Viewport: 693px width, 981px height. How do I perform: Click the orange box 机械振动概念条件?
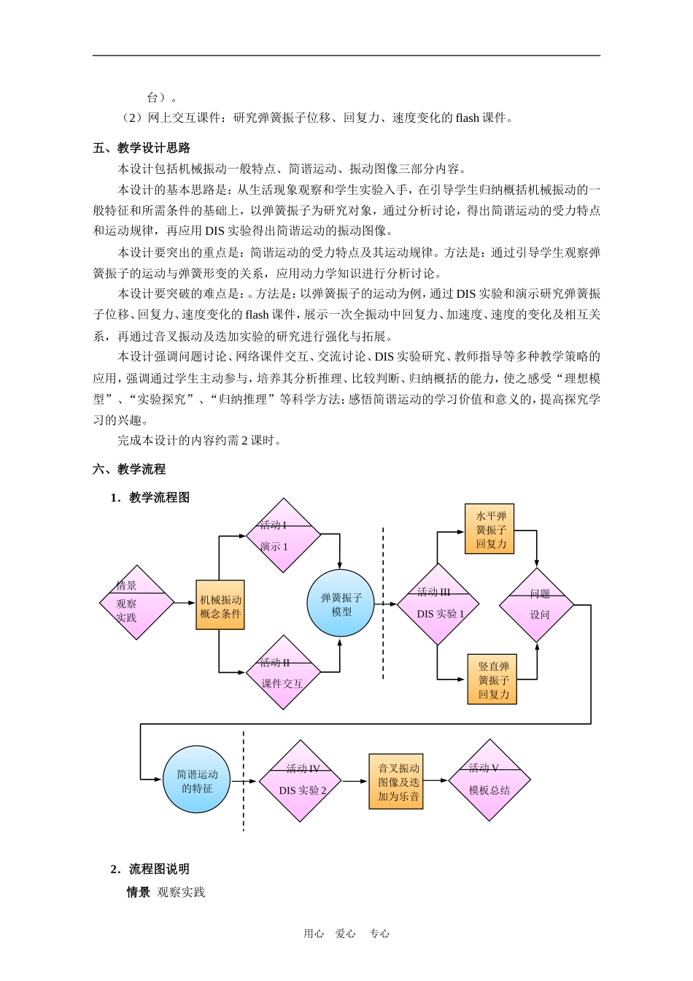(220, 605)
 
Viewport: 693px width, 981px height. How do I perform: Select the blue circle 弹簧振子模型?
(341, 604)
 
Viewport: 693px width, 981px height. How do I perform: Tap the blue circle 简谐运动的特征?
(197, 780)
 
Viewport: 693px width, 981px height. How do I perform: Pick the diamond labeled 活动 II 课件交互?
(282, 673)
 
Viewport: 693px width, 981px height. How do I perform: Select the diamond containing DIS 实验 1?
(438, 604)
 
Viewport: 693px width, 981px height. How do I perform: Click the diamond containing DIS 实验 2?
(301, 781)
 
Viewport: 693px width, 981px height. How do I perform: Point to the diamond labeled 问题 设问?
(537, 605)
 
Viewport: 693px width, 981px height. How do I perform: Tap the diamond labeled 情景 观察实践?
(136, 603)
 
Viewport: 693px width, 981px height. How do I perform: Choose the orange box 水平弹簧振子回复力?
(490, 529)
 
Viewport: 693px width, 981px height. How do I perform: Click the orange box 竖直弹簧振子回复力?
(492, 680)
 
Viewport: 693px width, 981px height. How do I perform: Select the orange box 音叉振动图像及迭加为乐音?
(396, 782)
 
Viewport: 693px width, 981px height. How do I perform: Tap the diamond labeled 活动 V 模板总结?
(489, 780)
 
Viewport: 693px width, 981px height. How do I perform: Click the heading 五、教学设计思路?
(142, 148)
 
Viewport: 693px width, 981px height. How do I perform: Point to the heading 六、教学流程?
(129, 469)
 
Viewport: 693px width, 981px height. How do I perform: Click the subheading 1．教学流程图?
(150, 498)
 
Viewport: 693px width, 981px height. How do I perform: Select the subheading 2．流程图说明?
(150, 869)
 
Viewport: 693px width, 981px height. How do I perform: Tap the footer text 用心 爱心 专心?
(346, 934)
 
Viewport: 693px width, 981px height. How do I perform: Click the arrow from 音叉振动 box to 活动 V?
(435, 781)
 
